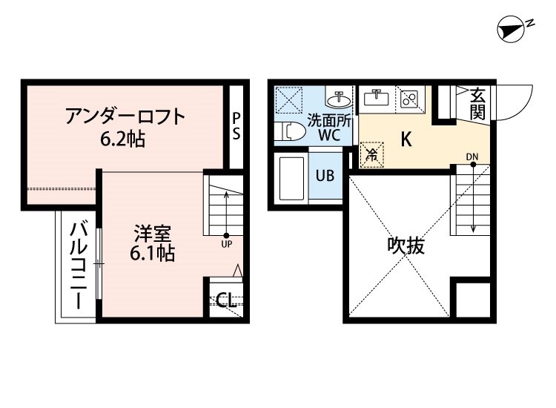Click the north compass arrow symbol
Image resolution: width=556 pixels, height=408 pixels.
512,30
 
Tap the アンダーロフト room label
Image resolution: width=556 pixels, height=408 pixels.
124,116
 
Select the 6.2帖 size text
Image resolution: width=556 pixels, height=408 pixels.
123,138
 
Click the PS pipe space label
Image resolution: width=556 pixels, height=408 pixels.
236,125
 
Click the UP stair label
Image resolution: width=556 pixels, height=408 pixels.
226,243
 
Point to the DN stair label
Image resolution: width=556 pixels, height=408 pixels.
472,157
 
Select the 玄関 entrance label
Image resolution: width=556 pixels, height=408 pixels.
477,103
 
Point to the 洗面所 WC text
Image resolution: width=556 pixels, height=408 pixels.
328,127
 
